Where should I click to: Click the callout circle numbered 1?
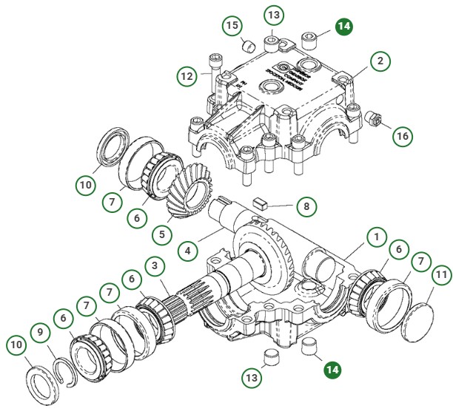(377, 238)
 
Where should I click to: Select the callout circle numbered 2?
(379, 61)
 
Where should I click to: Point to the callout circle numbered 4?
(189, 251)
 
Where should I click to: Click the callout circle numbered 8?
(303, 206)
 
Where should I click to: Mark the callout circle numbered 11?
(441, 277)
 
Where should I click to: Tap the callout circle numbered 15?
(232, 26)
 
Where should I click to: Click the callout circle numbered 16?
(402, 136)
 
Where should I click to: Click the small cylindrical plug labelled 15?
(249, 46)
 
